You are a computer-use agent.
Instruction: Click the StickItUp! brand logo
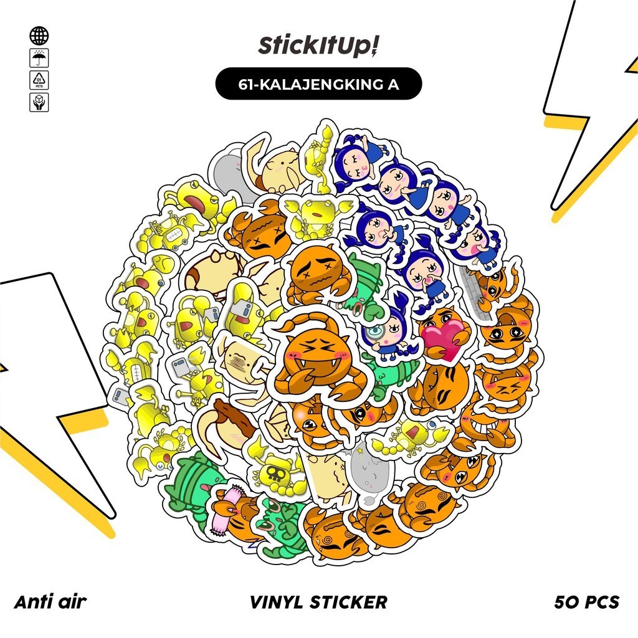[318, 46]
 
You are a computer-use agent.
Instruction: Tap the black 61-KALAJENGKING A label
[318, 83]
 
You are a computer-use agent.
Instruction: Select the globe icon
[39, 36]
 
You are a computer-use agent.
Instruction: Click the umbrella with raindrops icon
[39, 58]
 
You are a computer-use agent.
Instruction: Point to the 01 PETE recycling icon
[39, 80]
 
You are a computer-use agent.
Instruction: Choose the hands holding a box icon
[39, 102]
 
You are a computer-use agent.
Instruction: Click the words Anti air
[50, 602]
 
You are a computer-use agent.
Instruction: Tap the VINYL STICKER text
[318, 602]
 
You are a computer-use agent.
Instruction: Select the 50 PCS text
[586, 602]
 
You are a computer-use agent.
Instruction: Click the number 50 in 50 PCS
[566, 602]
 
